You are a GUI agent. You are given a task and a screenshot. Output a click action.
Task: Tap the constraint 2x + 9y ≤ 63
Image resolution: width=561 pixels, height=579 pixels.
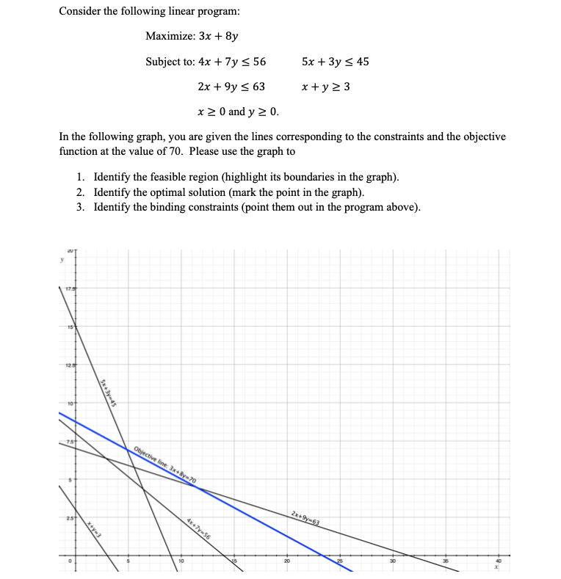click(x=232, y=87)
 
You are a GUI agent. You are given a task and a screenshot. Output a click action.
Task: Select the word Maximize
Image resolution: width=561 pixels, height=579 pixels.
click(x=170, y=36)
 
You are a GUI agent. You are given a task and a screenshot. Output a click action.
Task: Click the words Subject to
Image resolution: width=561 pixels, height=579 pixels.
click(x=170, y=62)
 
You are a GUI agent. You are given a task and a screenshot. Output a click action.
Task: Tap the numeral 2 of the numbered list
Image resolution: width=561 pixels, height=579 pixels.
click(x=79, y=193)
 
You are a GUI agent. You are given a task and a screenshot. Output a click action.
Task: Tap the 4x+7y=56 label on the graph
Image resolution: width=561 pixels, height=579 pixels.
click(x=198, y=528)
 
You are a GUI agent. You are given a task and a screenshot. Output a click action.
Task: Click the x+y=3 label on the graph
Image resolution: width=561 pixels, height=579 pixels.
click(x=94, y=528)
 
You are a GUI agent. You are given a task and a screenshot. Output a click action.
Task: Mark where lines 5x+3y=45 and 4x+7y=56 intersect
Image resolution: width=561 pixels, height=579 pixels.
click(x=142, y=489)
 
